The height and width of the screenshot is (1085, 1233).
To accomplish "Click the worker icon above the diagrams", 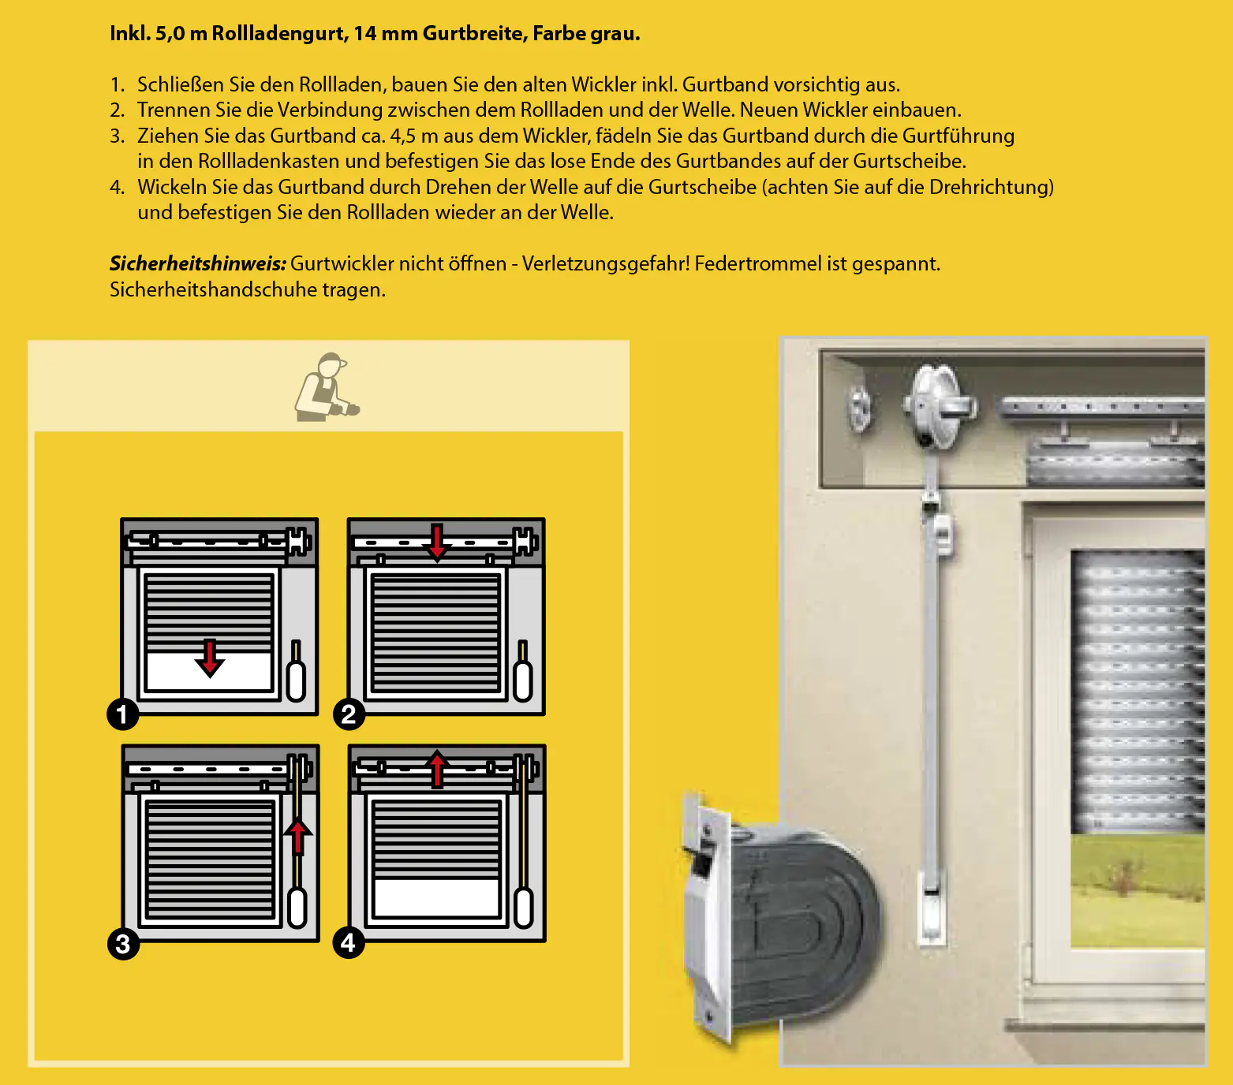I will [x=326, y=387].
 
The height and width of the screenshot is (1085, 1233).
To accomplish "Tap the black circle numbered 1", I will [x=122, y=714].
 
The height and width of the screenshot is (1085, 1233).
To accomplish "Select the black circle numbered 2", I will [x=349, y=714].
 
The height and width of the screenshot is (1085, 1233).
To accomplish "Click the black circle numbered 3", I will [x=123, y=943].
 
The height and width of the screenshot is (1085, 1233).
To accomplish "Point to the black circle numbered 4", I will [x=349, y=942].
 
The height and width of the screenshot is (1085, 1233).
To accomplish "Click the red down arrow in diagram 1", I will [x=210, y=658].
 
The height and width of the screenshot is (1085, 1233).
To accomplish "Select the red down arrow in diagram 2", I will [x=436, y=542].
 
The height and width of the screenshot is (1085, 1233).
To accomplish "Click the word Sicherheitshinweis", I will [x=197, y=263].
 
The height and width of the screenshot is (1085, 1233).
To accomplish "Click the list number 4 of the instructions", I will [x=117, y=187].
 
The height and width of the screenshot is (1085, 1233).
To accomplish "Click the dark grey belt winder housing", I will [x=797, y=923].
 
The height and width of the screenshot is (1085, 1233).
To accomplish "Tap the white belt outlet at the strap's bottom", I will [x=932, y=907].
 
